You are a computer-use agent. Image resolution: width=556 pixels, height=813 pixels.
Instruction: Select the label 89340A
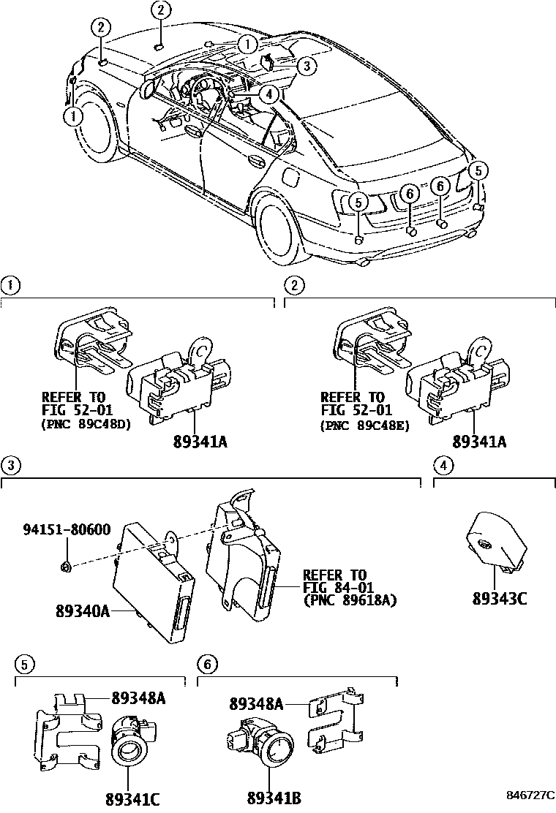[82, 610]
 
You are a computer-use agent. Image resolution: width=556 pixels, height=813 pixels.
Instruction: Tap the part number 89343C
[500, 598]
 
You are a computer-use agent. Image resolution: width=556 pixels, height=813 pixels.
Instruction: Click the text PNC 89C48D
[87, 423]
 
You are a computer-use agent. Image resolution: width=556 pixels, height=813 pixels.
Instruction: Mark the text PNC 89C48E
[365, 423]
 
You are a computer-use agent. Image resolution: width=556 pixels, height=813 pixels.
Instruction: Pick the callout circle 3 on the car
[307, 66]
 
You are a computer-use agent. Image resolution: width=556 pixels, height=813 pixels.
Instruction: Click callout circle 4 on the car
[268, 94]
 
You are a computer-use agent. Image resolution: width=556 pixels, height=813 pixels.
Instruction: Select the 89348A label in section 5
[138, 698]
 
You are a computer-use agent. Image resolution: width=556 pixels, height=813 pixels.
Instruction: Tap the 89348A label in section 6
[255, 703]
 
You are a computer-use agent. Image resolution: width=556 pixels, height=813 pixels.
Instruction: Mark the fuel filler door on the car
[290, 178]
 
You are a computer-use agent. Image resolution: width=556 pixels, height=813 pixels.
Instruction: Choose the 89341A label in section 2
[479, 442]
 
